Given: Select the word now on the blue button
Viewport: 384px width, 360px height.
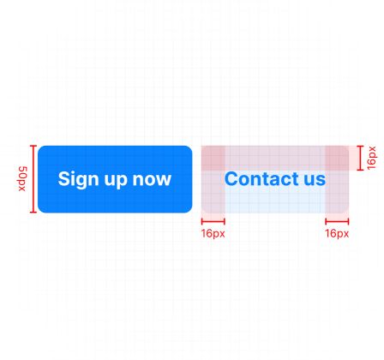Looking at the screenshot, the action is [x=152, y=180].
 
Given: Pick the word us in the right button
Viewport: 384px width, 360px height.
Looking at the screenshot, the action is [x=315, y=180].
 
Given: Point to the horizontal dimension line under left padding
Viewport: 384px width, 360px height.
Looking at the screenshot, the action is [x=213, y=221].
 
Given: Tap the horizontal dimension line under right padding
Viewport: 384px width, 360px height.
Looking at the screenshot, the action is [x=337, y=221].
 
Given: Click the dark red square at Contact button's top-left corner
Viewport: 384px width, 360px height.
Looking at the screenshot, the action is [x=213, y=158].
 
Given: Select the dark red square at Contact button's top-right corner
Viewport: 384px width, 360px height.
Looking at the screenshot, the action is [x=337, y=158].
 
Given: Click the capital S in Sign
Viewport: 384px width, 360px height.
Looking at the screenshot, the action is [x=64, y=178].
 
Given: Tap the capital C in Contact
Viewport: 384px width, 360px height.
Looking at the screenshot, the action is [x=232, y=178].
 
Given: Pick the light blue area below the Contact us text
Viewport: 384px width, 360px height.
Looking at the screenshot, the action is [x=275, y=201].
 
